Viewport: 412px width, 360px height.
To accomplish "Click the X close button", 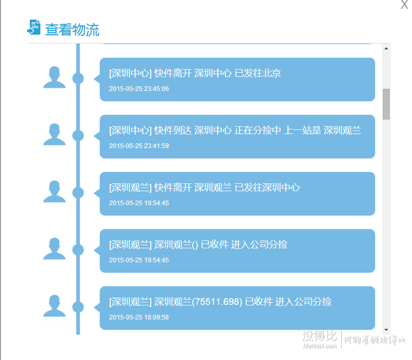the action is click(x=404, y=4).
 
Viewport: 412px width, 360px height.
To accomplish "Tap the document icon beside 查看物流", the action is click(x=34, y=27).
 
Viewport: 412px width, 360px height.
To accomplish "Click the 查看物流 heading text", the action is click(x=72, y=29).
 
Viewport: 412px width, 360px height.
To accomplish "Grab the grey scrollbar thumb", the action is click(x=386, y=104).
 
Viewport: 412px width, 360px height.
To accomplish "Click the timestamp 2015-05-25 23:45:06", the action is click(x=139, y=89).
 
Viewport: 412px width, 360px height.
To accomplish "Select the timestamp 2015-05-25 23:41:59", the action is click(x=139, y=146).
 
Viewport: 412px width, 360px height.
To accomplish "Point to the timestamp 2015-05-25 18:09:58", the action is click(x=139, y=317).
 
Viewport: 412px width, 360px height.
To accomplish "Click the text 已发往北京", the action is click(x=258, y=74).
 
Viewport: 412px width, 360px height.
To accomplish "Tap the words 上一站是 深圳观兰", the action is click(x=323, y=131).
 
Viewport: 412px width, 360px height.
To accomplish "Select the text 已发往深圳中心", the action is click(x=267, y=188).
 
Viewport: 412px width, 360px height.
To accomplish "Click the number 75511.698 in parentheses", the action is click(x=217, y=302).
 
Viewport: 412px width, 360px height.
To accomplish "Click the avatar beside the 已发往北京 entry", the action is click(x=54, y=77).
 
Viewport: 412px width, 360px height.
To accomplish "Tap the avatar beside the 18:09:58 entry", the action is click(x=54, y=306).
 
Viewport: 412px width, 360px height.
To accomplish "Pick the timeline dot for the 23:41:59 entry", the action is click(x=78, y=135).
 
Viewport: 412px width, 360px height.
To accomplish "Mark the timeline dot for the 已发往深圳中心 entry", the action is click(x=78, y=193).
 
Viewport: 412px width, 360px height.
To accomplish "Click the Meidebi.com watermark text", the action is click(x=320, y=346).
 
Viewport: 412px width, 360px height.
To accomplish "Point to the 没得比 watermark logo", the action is click(x=320, y=336).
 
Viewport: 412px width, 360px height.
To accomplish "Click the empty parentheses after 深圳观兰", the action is click(x=195, y=245).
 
